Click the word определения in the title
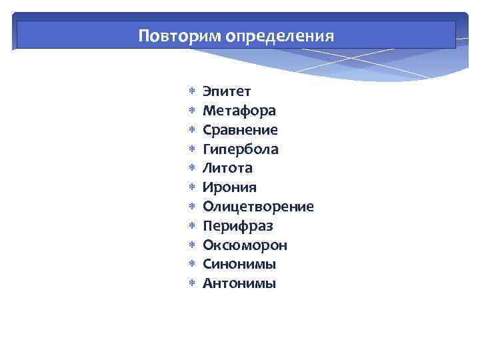pos(279,35)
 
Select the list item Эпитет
pos(227,91)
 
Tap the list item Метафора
pos(239,110)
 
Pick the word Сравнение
pos(241,129)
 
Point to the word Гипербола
pos(241,149)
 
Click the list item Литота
pos(227,168)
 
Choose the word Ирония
pos(229,187)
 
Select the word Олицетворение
pos(258,207)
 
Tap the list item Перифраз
pos(238,226)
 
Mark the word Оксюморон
pos(245,245)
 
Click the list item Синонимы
pos(239,265)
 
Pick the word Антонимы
pos(239,284)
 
